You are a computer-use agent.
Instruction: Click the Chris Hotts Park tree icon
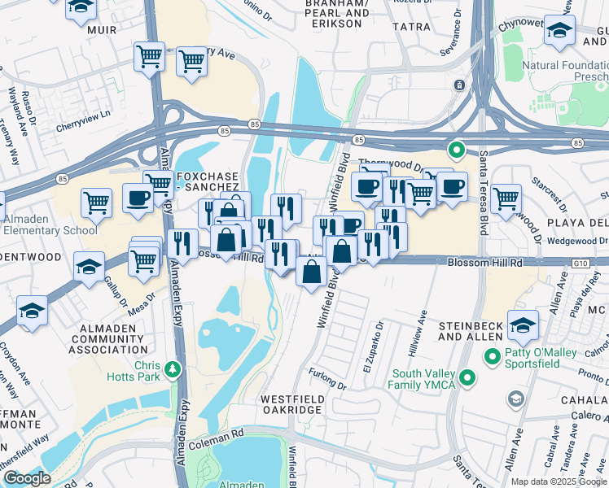click(x=173, y=370)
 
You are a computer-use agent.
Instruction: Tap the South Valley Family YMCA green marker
click(x=467, y=377)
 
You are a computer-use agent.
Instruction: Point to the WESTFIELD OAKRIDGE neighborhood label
click(x=292, y=405)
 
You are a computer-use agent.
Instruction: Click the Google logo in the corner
click(x=27, y=478)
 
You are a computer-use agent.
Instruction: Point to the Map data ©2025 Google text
click(x=558, y=481)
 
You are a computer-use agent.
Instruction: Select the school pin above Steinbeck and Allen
click(x=522, y=324)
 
